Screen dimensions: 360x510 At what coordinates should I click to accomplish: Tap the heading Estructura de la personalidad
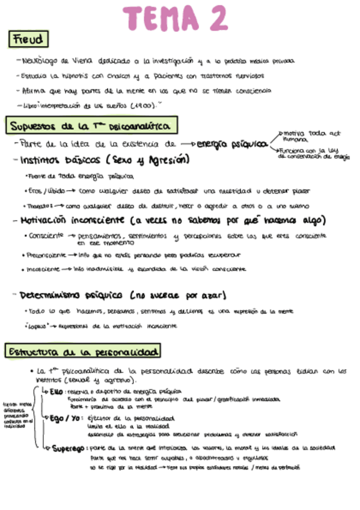pyautogui.click(x=83, y=351)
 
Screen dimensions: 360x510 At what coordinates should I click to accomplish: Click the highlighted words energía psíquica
pyautogui.click(x=231, y=144)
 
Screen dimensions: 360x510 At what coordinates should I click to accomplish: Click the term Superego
pyautogui.click(x=67, y=448)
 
